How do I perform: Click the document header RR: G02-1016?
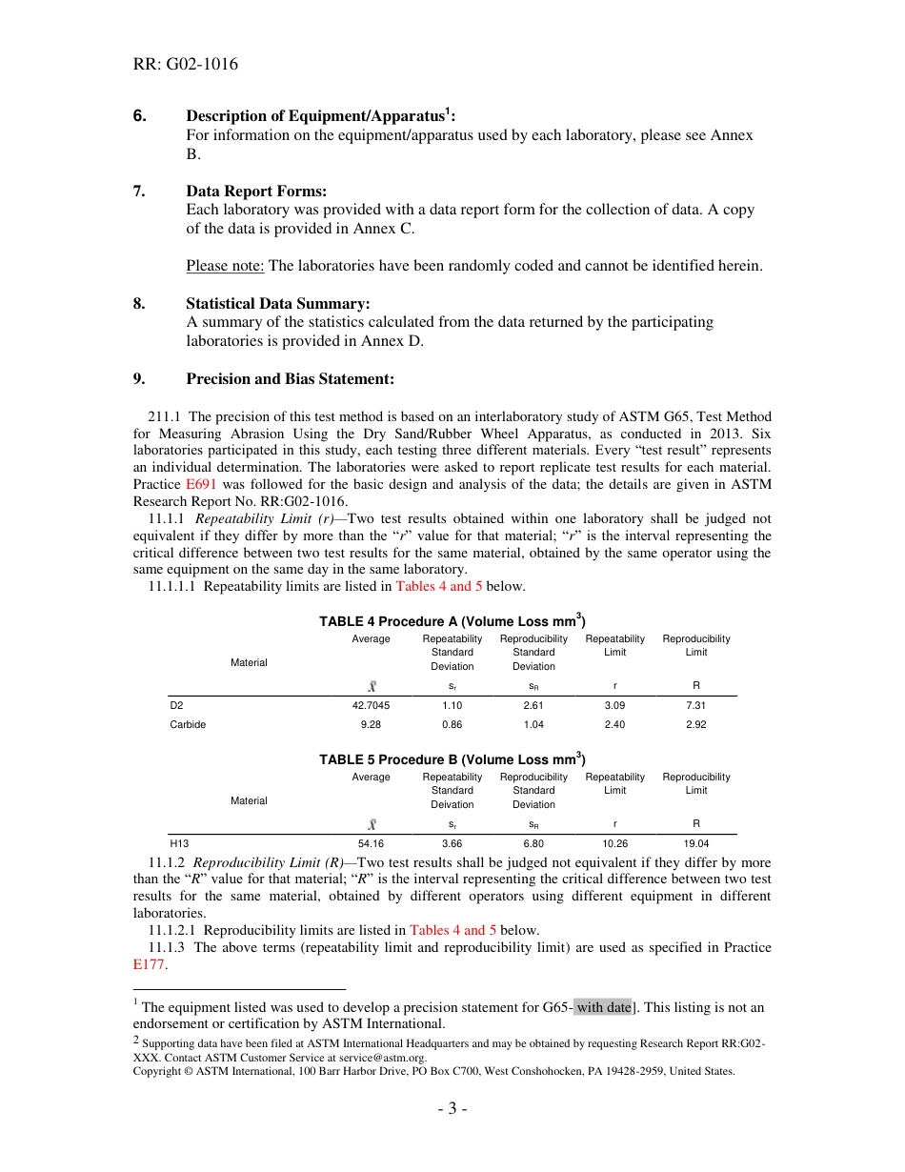click(x=186, y=65)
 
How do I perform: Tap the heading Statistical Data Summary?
click(x=277, y=304)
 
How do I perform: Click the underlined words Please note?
click(x=225, y=266)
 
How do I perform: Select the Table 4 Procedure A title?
click(x=452, y=621)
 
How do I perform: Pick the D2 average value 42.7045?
click(x=371, y=706)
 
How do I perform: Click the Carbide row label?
click(x=188, y=724)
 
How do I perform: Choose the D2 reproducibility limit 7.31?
click(x=695, y=706)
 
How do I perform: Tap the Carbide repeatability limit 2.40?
click(x=614, y=724)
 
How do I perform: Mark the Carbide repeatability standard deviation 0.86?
click(x=452, y=724)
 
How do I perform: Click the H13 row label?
click(x=179, y=844)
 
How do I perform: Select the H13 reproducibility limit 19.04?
click(x=695, y=844)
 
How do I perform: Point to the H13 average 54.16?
click(x=371, y=844)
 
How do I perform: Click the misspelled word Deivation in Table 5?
click(x=452, y=804)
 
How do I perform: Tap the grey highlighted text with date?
click(x=603, y=1007)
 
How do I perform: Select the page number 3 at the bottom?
click(x=452, y=1109)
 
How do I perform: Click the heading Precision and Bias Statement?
click(x=290, y=379)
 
